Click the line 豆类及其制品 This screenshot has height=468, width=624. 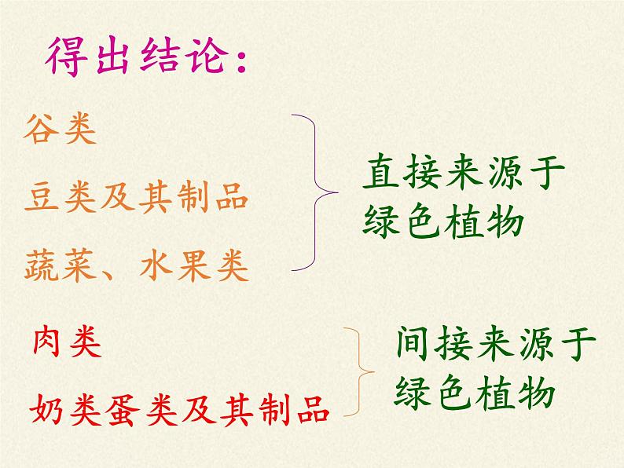coord(136,196)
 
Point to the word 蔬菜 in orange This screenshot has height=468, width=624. coord(60,266)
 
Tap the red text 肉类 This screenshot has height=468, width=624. coord(68,342)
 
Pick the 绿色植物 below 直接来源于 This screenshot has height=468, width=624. coord(442,223)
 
